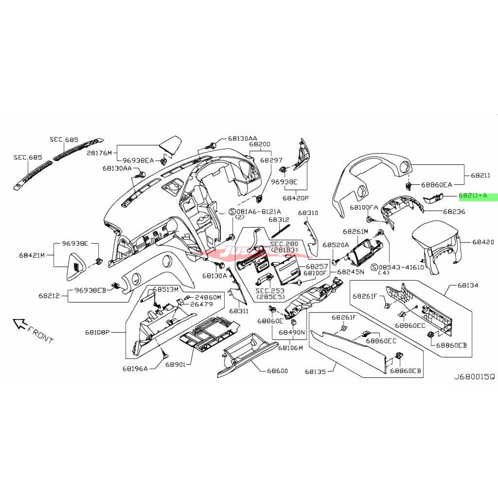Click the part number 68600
277,371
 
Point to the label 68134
468,285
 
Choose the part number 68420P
296,198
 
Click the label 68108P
98,333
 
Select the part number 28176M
99,153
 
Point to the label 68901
175,364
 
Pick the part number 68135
317,372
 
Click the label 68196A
135,368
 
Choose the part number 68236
454,212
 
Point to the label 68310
308,213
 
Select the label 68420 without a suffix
483,242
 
